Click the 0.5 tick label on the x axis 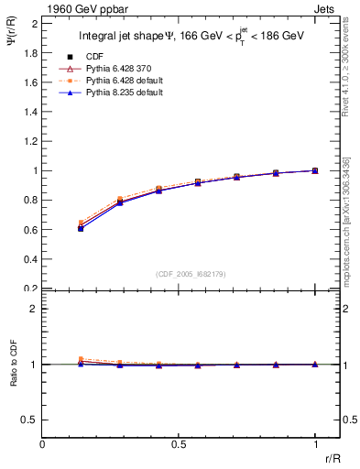(x=179, y=444)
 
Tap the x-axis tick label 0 (x=42, y=444)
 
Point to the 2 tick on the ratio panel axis (x=34, y=310)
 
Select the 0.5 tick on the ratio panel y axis (x=29, y=420)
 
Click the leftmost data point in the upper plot (x=81, y=228)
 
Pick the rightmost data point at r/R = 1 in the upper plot (x=315, y=170)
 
